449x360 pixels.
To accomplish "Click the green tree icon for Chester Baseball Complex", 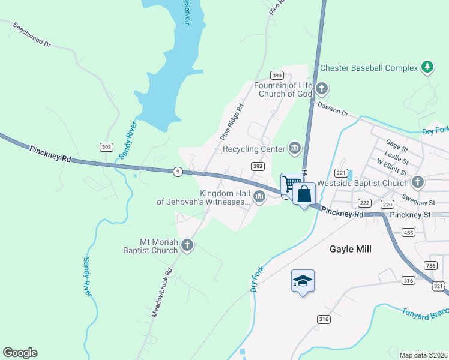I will (427, 67).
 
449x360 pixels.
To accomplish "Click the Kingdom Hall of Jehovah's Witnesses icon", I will (259, 196).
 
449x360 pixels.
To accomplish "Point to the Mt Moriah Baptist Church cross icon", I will (187, 245).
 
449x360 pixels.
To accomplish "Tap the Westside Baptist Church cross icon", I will (418, 182).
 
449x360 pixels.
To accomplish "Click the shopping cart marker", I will (292, 183).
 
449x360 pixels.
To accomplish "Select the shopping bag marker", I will (304, 194).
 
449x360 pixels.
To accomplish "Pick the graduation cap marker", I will (303, 281).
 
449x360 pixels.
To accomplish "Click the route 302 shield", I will (106, 147).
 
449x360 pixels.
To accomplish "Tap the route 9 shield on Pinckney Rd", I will (178, 172).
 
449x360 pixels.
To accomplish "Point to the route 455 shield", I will (409, 232).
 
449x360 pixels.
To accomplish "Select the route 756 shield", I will (430, 266).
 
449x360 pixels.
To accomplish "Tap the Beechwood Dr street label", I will (32, 37).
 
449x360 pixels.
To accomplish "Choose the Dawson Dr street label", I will (333, 109).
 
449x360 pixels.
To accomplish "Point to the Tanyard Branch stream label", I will (424, 313).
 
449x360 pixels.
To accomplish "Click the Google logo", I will (20, 353).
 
